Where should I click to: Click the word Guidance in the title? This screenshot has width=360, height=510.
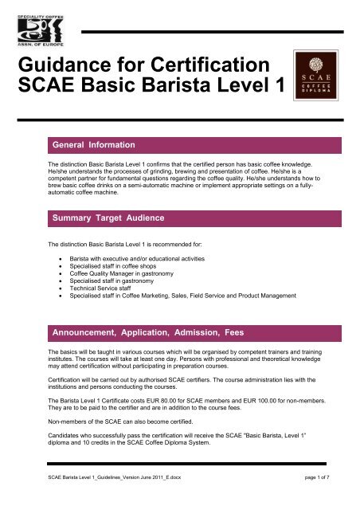(x=68, y=65)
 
